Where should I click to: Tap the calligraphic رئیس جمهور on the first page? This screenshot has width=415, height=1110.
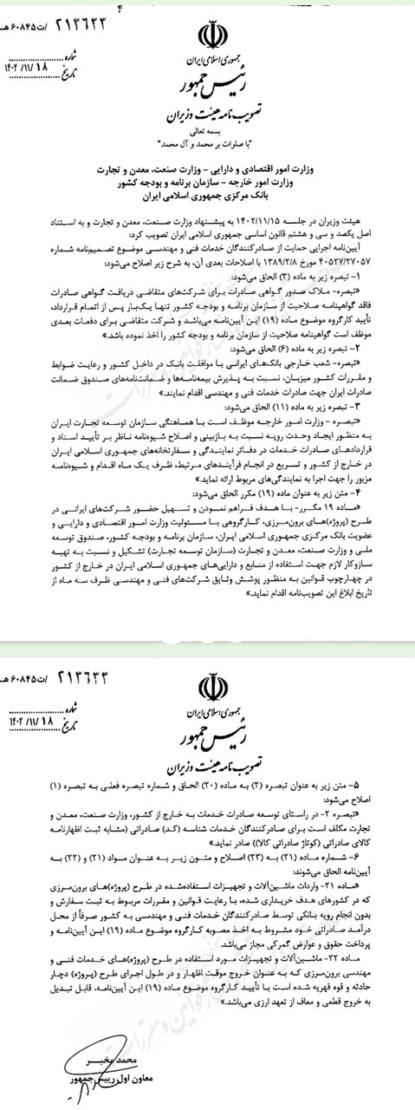pyautogui.click(x=207, y=87)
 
